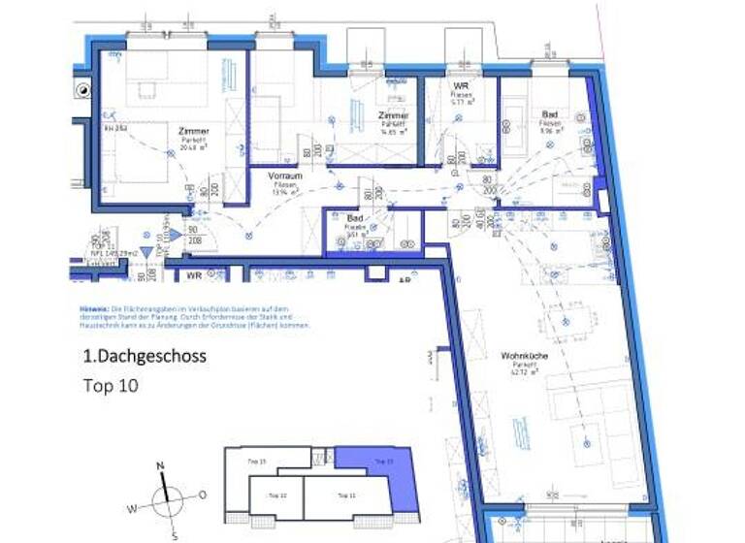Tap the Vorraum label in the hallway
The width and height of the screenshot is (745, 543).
[285, 176]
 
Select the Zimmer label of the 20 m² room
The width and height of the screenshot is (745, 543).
[194, 131]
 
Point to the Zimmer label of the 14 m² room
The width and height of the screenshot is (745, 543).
[393, 115]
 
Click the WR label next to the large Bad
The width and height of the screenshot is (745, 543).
[461, 86]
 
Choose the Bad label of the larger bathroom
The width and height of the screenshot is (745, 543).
[550, 113]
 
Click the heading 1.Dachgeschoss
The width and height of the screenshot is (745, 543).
[145, 356]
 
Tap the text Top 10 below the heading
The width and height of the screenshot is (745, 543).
[112, 385]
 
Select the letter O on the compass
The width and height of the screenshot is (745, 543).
[203, 495]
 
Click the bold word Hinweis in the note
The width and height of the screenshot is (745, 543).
[94, 307]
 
